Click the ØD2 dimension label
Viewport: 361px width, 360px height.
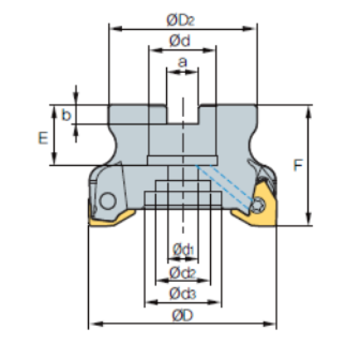tap(182, 20)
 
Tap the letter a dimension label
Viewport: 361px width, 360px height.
tap(182, 61)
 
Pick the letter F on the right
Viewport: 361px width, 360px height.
tap(297, 165)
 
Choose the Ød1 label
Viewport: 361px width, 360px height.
tap(182, 248)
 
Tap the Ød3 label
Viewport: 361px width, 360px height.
tap(182, 293)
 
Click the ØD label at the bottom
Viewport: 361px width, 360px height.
tap(182, 315)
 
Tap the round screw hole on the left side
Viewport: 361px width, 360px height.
tap(108, 200)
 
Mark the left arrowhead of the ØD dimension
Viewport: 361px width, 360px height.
tap(92, 325)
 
